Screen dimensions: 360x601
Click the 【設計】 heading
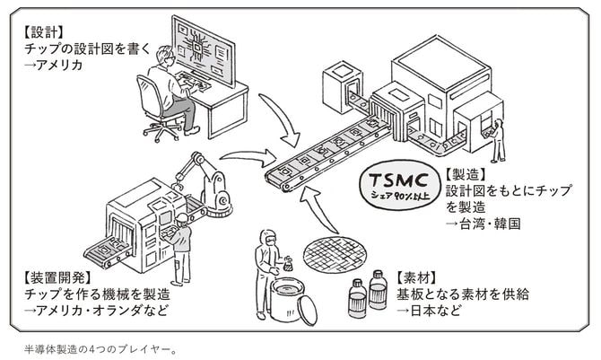pyautogui.click(x=37, y=30)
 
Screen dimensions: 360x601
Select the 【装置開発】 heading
pyautogui.click(x=49, y=278)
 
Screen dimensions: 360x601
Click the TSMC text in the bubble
pyautogui.click(x=401, y=177)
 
